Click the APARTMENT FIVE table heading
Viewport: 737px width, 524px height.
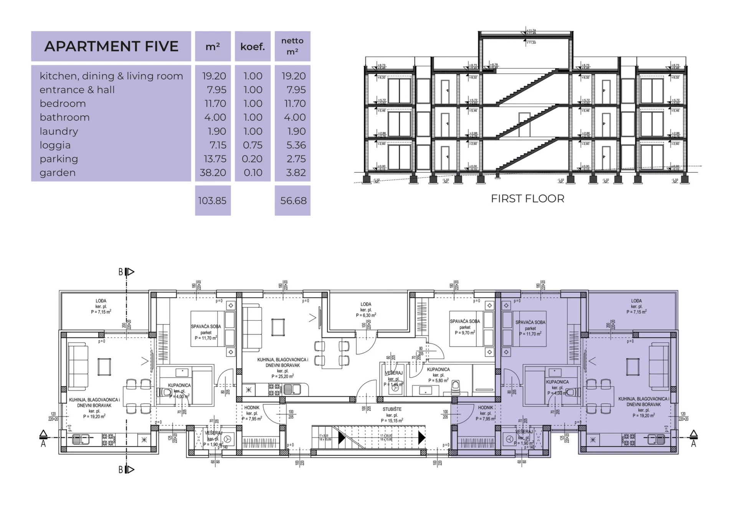(x=111, y=46)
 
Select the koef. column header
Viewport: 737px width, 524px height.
(x=253, y=47)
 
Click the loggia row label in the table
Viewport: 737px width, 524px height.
(x=55, y=145)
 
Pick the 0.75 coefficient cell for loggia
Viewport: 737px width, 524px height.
(x=253, y=145)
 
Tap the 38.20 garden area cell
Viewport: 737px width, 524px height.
(x=213, y=173)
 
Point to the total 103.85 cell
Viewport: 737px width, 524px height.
(x=212, y=201)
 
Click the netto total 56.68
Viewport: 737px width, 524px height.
(x=293, y=201)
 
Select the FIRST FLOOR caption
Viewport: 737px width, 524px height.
(x=527, y=199)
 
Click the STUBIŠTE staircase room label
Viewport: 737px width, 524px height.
(x=392, y=409)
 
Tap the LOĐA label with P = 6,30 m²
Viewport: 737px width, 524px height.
(x=366, y=304)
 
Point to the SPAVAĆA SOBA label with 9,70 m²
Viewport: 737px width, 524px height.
(x=465, y=321)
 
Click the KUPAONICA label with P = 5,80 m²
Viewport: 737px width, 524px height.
(x=438, y=369)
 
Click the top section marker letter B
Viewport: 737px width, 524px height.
(x=121, y=272)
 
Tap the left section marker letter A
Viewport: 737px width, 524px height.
(x=43, y=444)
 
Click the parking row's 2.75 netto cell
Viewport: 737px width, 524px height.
(x=296, y=159)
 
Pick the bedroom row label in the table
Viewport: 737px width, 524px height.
(x=63, y=104)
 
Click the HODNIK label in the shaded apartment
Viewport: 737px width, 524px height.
(x=486, y=408)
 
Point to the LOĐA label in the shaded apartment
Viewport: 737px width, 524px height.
(x=636, y=301)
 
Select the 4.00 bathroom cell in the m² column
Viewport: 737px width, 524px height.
(x=215, y=117)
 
